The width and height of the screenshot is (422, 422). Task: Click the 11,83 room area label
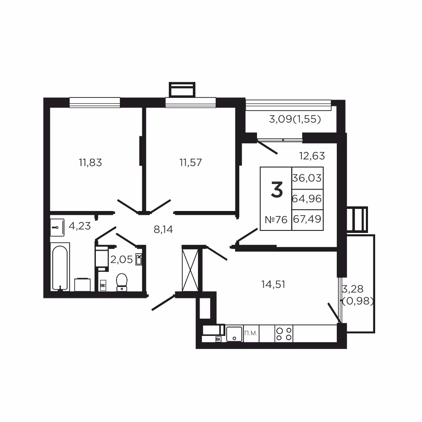90,162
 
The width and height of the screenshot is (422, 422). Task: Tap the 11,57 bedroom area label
191,162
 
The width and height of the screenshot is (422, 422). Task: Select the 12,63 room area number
312,156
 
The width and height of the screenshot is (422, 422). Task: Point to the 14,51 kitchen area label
273,284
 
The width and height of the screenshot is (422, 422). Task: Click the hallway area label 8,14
163,229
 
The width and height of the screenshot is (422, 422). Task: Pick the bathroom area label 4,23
80,226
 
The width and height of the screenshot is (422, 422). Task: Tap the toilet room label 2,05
122,260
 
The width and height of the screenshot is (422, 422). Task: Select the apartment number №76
276,219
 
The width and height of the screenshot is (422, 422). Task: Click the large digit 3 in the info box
277,190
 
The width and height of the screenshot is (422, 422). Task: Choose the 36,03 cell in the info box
307,178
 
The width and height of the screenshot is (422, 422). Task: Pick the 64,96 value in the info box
307,199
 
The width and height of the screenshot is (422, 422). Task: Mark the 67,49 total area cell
307,219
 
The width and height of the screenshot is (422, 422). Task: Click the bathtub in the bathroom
60,267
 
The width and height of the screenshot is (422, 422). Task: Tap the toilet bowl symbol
122,282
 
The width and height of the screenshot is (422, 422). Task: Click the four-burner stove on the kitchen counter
284,334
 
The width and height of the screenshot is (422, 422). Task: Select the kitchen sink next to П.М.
234,334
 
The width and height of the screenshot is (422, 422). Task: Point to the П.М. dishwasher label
251,333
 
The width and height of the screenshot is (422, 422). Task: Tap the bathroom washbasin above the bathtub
57,227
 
